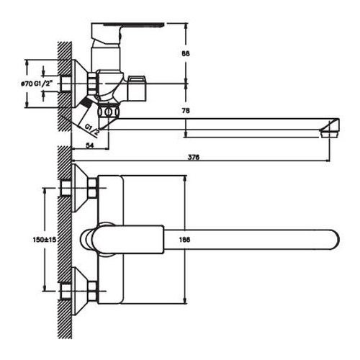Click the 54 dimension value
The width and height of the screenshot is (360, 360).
coord(90,145)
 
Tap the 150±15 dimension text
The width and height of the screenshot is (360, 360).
coord(44,239)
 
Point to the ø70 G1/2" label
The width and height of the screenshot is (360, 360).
coord(36,84)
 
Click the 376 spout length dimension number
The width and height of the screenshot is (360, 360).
coord(194,157)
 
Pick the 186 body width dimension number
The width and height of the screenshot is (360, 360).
coord(185,239)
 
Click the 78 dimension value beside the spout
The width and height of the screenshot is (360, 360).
coord(186,111)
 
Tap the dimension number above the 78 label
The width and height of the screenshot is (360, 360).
coord(186,53)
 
